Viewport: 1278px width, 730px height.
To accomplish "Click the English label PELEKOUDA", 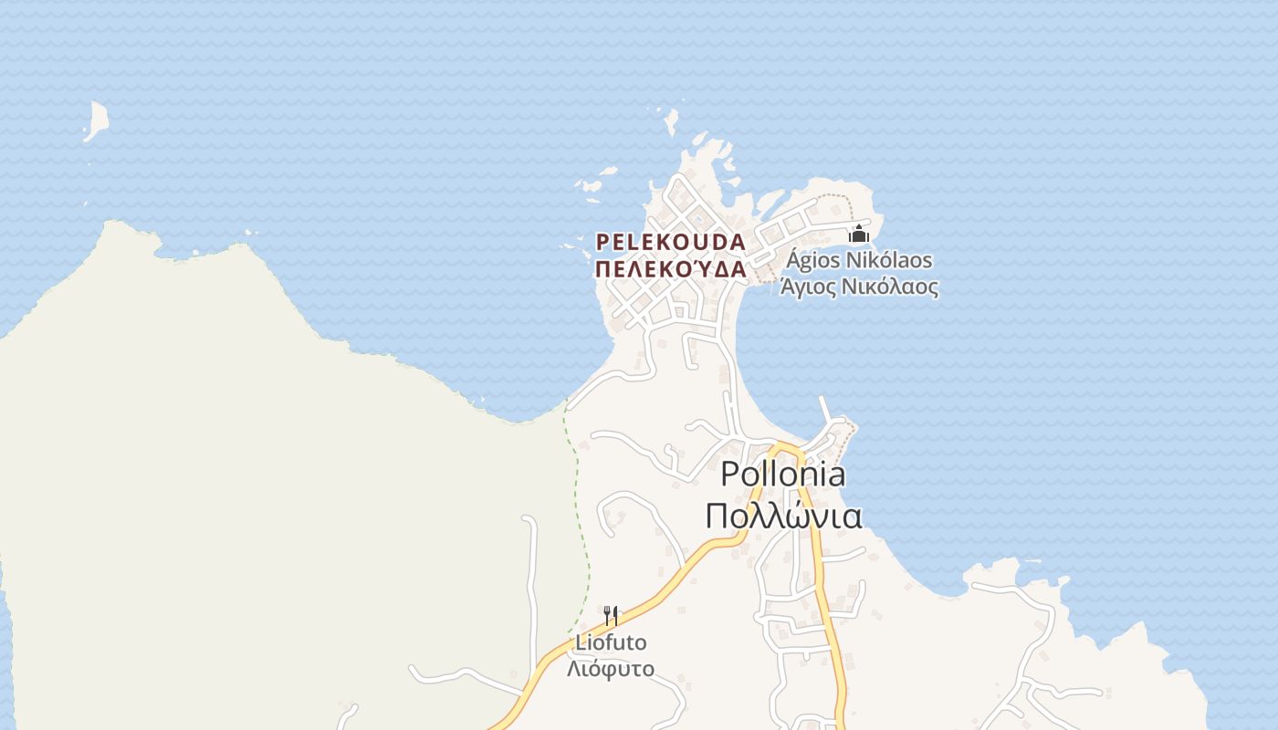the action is click(670, 243).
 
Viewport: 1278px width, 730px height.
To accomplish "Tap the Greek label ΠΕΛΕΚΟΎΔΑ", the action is click(670, 269).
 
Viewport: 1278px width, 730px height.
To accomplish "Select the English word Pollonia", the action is click(782, 474).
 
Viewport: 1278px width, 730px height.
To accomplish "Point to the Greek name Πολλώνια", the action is click(782, 516).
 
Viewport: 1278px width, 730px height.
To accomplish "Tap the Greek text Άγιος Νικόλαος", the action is click(858, 287).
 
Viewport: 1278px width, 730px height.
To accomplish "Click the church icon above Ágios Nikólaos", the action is click(858, 234).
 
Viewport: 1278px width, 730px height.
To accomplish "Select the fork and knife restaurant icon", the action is click(611, 616).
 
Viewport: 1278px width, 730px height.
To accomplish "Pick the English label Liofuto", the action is click(610, 642).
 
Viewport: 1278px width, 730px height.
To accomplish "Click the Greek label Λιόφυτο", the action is click(610, 668).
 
